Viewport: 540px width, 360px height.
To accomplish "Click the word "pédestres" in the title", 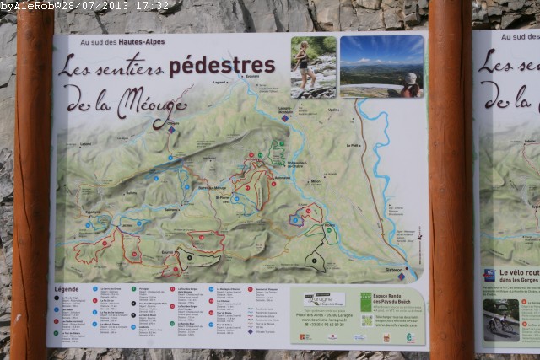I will [222, 66].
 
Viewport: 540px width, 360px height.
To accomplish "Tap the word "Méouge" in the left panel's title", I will [152, 102].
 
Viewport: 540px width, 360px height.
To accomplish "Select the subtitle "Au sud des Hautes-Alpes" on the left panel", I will [122, 42].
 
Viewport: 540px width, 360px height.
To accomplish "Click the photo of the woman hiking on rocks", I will [313, 67].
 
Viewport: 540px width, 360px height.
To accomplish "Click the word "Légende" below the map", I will [67, 288].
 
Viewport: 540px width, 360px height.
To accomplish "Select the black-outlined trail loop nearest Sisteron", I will [315, 260].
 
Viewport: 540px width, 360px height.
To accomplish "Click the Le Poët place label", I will [353, 145].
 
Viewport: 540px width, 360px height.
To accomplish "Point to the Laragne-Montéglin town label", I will [287, 110].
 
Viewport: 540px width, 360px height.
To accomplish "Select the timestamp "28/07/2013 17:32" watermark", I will [126, 6].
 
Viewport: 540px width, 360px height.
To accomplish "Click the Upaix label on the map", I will [333, 110].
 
